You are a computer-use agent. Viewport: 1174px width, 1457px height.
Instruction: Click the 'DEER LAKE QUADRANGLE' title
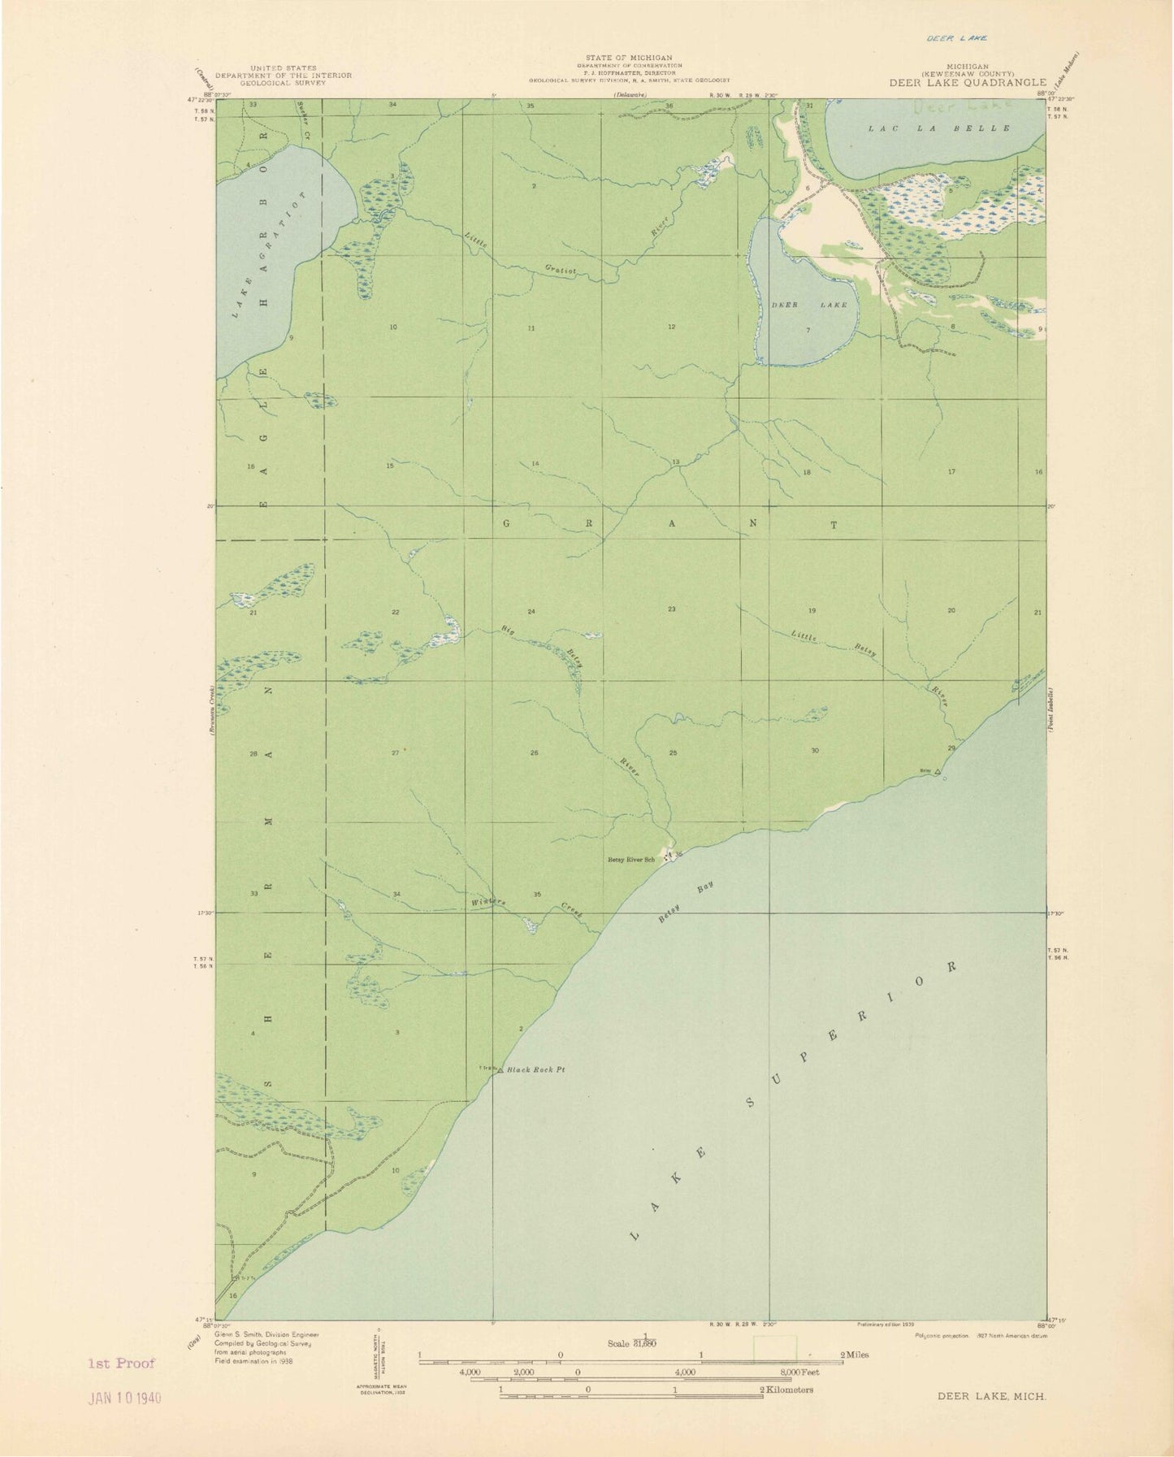[x=967, y=82]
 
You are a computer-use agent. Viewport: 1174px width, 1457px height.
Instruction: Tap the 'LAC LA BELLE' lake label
[x=939, y=128]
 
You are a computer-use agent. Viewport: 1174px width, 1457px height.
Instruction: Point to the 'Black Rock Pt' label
[x=535, y=1070]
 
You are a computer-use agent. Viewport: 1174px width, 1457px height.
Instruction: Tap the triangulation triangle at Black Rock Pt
[x=500, y=1069]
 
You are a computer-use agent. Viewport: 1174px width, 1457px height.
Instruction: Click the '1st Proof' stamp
[x=122, y=1364]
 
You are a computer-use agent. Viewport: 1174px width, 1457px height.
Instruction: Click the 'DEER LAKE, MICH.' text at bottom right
[x=991, y=1395]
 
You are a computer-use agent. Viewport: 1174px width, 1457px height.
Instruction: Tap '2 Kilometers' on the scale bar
[x=786, y=1390]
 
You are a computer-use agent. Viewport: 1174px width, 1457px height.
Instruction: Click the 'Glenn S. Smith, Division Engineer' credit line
[x=266, y=1334]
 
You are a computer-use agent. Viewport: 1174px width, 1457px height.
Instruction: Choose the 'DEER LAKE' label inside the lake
[x=808, y=305]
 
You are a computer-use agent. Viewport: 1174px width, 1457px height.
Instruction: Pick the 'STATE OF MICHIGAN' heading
[x=629, y=58]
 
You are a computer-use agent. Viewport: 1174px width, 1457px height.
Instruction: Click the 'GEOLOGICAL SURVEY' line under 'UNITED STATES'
[x=289, y=83]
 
